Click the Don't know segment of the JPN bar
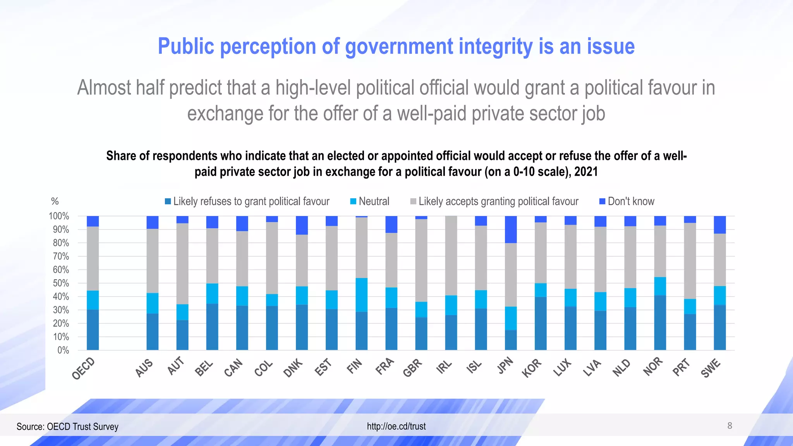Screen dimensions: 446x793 (511, 229)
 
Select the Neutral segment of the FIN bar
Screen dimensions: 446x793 (362, 295)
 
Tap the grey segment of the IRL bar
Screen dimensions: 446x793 (451, 256)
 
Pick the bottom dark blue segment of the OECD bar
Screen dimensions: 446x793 (93, 329)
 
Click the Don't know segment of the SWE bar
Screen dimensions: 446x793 (720, 225)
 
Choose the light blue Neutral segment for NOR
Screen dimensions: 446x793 (660, 286)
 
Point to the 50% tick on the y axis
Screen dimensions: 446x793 (61, 283)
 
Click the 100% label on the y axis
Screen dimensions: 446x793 (59, 216)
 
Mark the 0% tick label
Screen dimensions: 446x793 (63, 350)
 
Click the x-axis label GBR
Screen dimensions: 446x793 (412, 367)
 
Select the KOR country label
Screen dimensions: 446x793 (531, 368)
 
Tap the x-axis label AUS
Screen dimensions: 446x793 (144, 368)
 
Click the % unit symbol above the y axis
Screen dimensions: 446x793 (55, 201)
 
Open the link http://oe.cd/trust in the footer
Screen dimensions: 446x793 (396, 426)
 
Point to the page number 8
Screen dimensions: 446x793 (729, 426)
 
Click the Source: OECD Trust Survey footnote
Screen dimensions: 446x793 (67, 427)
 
